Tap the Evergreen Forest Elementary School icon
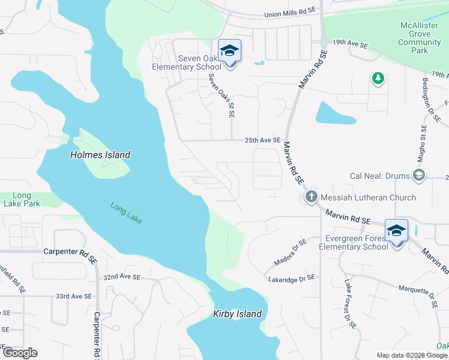(x=396, y=231)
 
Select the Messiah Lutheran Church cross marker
(x=311, y=197)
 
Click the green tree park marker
(x=378, y=79)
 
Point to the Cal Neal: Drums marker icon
(x=419, y=176)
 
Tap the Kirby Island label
(x=238, y=314)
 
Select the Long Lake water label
(x=126, y=213)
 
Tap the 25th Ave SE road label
(x=262, y=140)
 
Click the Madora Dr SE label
(x=290, y=250)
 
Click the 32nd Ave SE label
(x=121, y=278)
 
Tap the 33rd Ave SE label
(x=73, y=296)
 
